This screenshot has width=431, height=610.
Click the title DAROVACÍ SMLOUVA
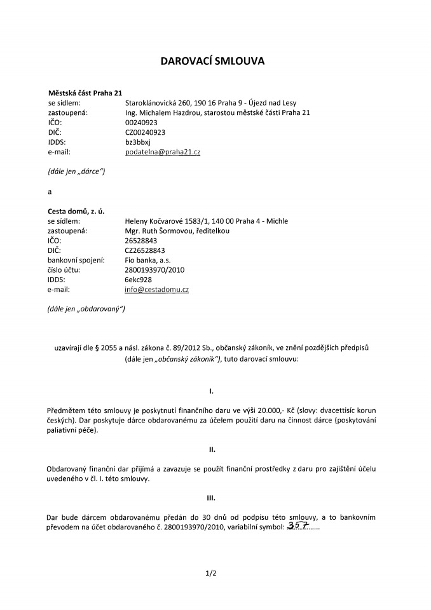[x=215, y=62]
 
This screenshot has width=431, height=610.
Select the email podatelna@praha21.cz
[x=163, y=152]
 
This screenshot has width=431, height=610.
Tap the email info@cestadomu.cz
[x=157, y=290]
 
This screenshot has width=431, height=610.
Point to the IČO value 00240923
[x=141, y=123]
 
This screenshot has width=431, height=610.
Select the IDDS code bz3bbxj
[x=138, y=142]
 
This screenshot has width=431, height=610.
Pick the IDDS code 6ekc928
[x=138, y=280]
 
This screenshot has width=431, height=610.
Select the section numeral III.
[x=212, y=498]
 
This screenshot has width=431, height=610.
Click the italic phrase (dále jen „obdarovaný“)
[x=86, y=309]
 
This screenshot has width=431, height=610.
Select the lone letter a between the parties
[x=50, y=191]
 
